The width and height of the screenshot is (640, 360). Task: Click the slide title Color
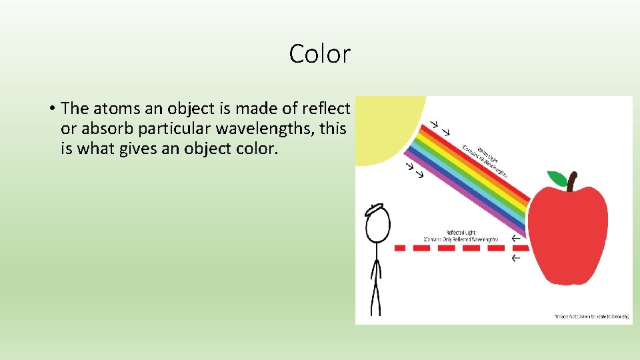(x=319, y=54)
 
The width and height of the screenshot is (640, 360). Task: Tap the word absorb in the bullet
(x=104, y=128)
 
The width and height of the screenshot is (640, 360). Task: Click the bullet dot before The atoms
(x=51, y=108)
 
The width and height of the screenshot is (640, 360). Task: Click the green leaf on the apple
(x=557, y=178)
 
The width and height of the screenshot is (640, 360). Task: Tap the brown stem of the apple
(x=571, y=181)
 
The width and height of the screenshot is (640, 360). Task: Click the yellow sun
(x=387, y=127)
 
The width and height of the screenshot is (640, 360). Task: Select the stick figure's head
(x=377, y=227)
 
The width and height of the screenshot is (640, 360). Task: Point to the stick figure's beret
(x=375, y=209)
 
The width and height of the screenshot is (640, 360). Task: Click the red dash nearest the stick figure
(x=401, y=247)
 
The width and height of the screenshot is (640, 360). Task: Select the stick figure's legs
(x=377, y=293)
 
